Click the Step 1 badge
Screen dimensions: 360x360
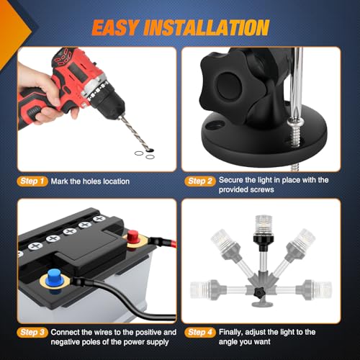[32, 181]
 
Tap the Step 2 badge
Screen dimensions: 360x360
[200, 181]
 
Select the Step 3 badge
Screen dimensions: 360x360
[32, 333]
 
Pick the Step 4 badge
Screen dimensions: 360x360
[200, 333]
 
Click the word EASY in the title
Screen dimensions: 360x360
[115, 27]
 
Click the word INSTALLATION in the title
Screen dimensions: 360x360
[207, 27]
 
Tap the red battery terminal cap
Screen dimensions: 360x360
[132, 237]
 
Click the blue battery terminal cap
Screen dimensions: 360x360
[55, 278]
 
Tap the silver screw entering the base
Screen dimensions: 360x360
[297, 133]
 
